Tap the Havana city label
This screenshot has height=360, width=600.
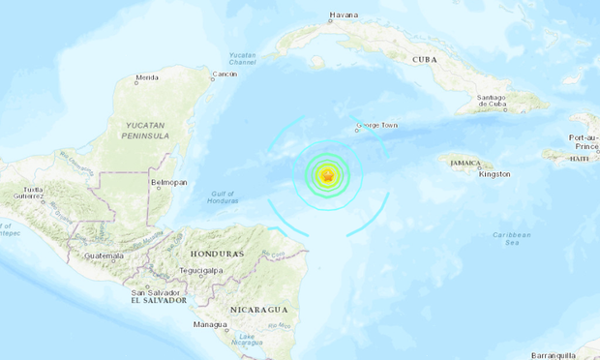pyautogui.click(x=344, y=15)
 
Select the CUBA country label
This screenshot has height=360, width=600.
pyautogui.click(x=425, y=59)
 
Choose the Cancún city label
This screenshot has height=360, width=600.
pyautogui.click(x=225, y=75)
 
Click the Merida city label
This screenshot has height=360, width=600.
pyautogui.click(x=147, y=78)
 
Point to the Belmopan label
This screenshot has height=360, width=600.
pyautogui.click(x=169, y=182)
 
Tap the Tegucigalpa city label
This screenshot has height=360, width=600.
pyautogui.click(x=208, y=271)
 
